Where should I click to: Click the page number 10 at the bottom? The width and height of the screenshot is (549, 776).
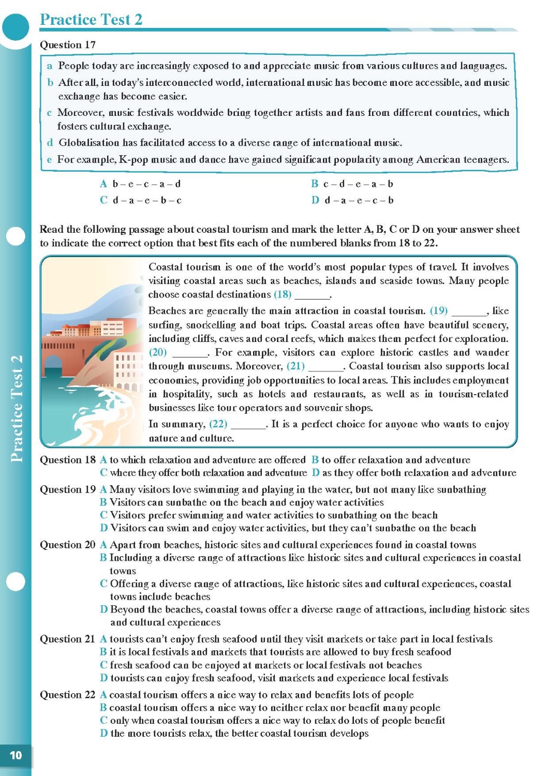(x=16, y=755)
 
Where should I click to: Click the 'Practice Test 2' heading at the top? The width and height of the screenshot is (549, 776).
(x=91, y=20)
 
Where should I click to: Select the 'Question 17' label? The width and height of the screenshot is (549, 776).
(x=68, y=45)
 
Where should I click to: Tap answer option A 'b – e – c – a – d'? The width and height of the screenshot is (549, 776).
(x=141, y=184)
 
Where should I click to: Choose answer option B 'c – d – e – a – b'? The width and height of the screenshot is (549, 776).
(x=352, y=184)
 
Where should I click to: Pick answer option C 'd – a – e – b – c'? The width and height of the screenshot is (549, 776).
(x=141, y=200)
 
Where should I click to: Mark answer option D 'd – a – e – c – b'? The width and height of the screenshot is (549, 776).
(x=352, y=200)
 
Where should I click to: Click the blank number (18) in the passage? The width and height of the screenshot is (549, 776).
(x=283, y=294)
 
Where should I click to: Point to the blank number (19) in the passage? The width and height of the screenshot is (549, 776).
(x=439, y=310)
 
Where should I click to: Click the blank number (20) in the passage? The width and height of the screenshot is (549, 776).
(x=158, y=352)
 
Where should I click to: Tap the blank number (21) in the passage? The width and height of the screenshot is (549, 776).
(x=295, y=366)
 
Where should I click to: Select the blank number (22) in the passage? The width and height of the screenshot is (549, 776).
(x=218, y=424)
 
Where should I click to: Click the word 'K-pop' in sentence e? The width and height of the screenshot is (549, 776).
(x=133, y=159)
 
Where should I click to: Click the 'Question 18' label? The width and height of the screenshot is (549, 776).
(x=68, y=460)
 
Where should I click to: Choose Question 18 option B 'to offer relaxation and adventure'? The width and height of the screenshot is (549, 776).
(x=391, y=460)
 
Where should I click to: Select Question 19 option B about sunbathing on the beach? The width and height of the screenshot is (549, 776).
(x=242, y=502)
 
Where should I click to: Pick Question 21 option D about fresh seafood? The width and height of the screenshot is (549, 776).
(x=274, y=678)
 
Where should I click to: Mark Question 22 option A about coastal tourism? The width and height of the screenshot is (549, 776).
(x=257, y=695)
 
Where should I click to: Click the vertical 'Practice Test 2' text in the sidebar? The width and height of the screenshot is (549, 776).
(x=17, y=409)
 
